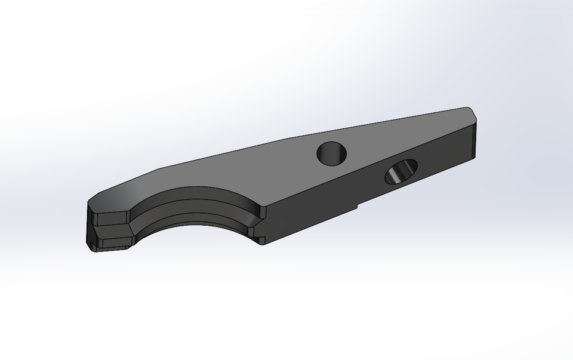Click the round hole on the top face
click(x=332, y=153)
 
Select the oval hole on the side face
click(x=401, y=172)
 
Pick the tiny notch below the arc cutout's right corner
click(x=261, y=240)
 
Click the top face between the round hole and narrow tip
click(x=406, y=134)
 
